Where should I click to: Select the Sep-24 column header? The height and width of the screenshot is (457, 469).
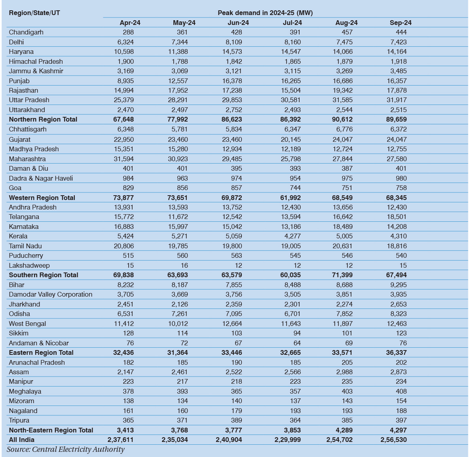(x=401, y=23)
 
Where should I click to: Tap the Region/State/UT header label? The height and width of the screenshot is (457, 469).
(x=34, y=13)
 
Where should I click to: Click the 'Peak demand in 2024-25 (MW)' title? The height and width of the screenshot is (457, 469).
(x=265, y=13)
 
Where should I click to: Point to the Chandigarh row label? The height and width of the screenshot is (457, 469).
(x=26, y=32)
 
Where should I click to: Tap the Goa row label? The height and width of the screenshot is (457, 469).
(x=15, y=188)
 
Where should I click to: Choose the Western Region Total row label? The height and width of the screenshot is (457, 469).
(x=42, y=198)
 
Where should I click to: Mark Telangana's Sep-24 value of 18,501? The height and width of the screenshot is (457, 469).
(x=397, y=217)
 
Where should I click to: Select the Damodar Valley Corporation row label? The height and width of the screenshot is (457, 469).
(x=51, y=294)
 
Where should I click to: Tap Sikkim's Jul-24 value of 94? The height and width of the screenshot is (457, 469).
(x=294, y=333)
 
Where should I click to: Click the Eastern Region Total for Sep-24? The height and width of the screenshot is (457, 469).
(x=396, y=352)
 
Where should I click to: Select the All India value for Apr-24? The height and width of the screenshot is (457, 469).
(x=120, y=440)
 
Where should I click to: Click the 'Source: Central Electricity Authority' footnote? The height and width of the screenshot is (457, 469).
(x=66, y=449)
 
